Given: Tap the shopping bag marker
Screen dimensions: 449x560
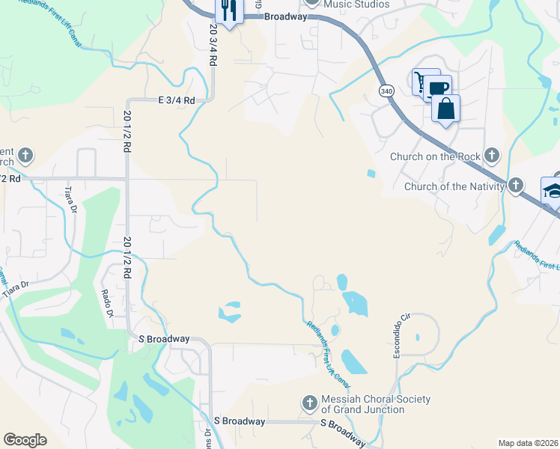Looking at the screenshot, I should pos(445,109).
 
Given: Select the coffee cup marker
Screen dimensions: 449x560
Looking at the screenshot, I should pos(439,88).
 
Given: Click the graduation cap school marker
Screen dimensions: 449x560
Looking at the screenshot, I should pos(553,189).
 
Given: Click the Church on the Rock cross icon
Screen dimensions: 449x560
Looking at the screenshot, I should pos(491,156).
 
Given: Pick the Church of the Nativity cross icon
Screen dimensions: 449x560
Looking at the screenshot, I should pos(516,186).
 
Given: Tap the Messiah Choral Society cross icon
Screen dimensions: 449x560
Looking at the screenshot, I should pos(309,404).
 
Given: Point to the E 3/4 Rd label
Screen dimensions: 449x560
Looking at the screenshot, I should pos(176,100).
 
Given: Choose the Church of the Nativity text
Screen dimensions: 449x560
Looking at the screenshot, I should pos(454,186).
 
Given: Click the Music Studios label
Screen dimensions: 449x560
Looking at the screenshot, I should pos(357,4).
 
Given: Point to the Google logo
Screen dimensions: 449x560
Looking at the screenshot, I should pos(25,440).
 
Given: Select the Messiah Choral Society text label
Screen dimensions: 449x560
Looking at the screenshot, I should pos(376,404).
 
